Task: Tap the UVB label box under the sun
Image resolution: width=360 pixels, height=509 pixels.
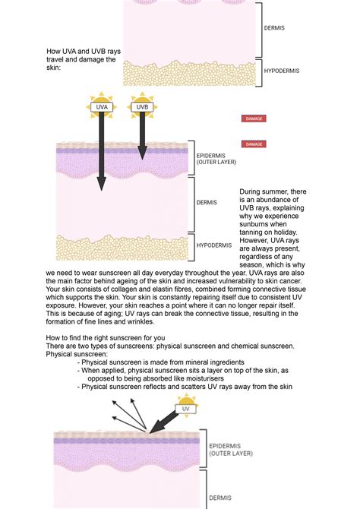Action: pos(141,108)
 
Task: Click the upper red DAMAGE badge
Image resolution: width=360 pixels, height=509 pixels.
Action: pos(254,119)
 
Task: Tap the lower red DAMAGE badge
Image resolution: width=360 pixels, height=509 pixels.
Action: pos(254,144)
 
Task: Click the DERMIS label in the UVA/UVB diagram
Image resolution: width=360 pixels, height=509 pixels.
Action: pos(207,203)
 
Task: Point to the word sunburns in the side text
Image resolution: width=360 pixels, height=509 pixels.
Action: pos(257,226)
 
